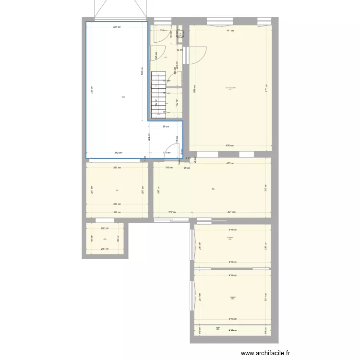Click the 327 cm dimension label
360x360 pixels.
[117, 27]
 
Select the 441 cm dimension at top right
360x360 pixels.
[230, 30]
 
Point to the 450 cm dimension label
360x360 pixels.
[230, 145]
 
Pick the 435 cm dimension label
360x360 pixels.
[230, 163]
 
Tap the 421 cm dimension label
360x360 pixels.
[231, 212]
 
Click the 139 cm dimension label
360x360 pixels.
[163, 30]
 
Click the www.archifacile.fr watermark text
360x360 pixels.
[266, 353]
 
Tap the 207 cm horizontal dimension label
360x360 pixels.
[172, 212]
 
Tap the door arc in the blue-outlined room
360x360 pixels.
[171, 150]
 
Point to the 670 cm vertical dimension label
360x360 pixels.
[265, 88]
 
